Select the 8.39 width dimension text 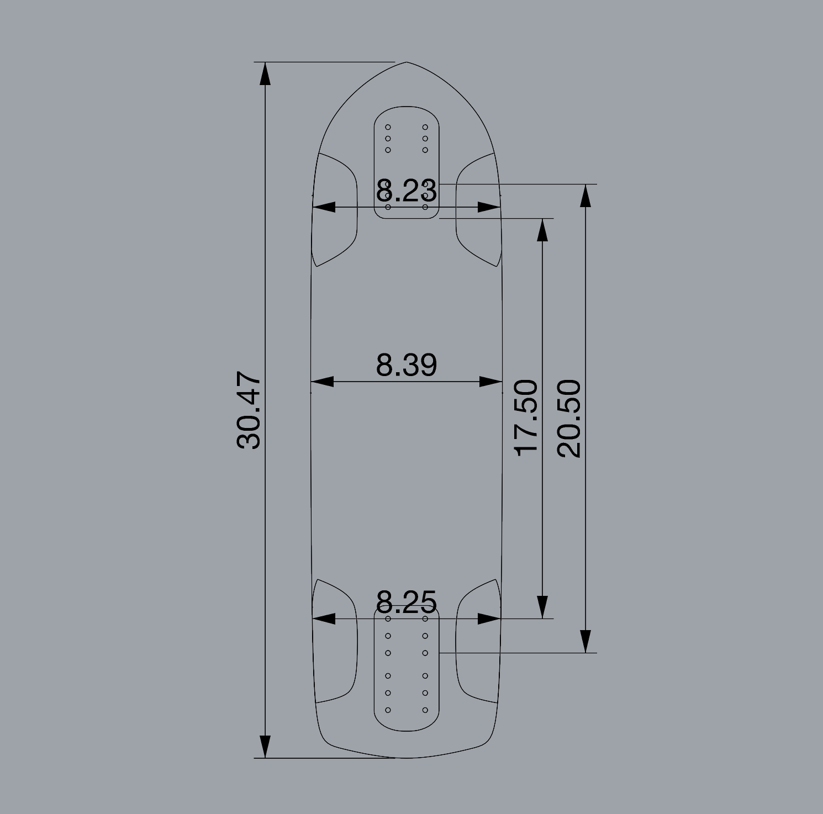point(407,364)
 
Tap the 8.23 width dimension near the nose point(407,191)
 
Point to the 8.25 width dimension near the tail point(407,602)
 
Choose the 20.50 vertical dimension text point(569,418)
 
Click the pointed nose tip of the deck point(407,62)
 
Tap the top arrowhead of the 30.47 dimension point(265,74)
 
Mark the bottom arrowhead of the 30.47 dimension point(265,747)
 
